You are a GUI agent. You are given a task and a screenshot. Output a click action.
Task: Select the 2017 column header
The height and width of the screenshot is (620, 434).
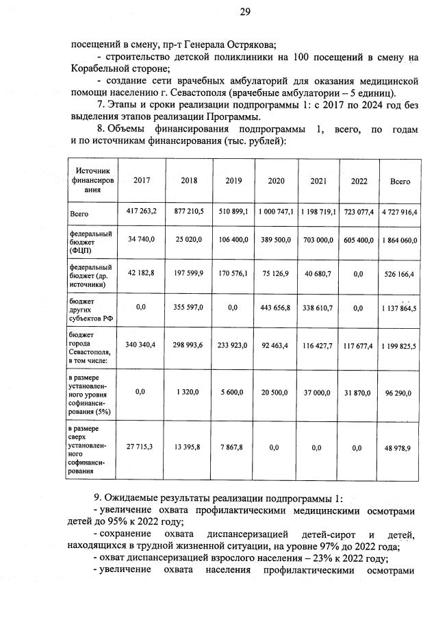(x=142, y=181)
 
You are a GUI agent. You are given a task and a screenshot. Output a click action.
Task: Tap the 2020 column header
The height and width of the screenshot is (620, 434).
(x=276, y=181)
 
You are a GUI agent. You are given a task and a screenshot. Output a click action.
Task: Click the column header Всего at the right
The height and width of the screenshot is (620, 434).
(x=400, y=182)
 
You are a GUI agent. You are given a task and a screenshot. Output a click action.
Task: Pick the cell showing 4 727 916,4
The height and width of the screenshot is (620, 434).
(x=400, y=212)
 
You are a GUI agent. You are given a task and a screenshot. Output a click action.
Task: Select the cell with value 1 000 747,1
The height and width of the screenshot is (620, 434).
(x=276, y=212)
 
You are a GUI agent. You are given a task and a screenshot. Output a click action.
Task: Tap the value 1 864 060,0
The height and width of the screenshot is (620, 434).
(x=400, y=243)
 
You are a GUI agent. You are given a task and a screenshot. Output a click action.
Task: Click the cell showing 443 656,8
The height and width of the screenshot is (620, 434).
(x=276, y=307)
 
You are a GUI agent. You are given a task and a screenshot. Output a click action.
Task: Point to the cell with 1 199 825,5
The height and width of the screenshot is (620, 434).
(x=400, y=347)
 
